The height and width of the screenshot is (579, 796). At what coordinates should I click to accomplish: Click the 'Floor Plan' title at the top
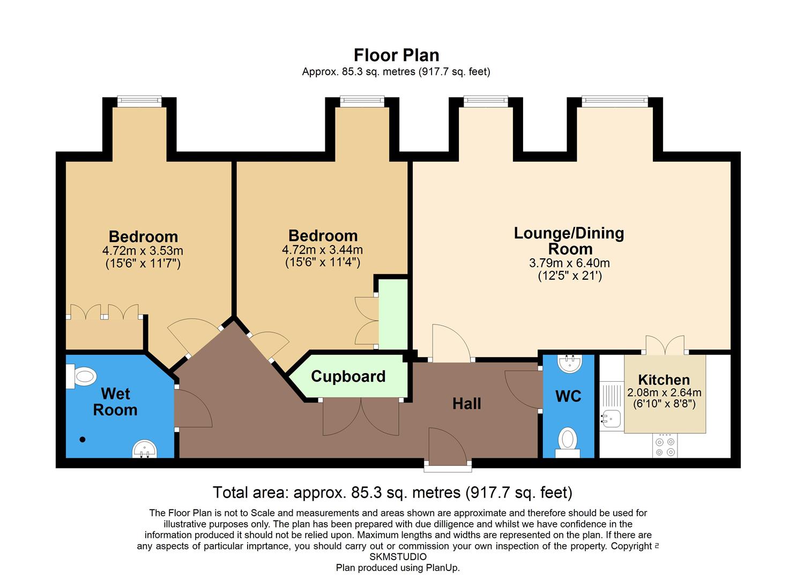(x=396, y=55)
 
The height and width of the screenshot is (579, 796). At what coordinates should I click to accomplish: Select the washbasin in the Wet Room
(x=144, y=449)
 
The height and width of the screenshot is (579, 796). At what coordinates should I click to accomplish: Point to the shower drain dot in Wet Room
(x=83, y=440)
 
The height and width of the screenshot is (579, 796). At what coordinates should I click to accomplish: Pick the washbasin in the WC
(x=569, y=363)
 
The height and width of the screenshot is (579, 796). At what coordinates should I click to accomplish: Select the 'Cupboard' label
(x=348, y=376)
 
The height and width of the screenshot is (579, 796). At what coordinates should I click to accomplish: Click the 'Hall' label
(x=466, y=404)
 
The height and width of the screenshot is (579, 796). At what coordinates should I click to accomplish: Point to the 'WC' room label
(x=568, y=396)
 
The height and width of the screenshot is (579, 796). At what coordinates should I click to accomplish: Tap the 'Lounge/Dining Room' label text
(x=569, y=241)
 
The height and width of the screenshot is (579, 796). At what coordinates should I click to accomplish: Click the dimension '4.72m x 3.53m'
(x=143, y=250)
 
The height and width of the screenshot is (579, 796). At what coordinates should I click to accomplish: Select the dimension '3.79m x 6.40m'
(x=569, y=263)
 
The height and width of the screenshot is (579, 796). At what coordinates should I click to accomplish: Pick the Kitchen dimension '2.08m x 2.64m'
(x=664, y=392)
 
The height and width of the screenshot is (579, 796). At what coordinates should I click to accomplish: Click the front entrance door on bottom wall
(x=448, y=448)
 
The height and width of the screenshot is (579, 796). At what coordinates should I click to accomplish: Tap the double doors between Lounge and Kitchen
(x=665, y=346)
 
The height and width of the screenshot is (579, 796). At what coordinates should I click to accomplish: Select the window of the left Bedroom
(x=139, y=101)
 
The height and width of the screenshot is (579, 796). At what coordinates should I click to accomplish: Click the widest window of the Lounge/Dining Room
(x=615, y=101)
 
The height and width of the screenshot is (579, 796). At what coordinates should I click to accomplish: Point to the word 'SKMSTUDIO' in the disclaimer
(x=398, y=557)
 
